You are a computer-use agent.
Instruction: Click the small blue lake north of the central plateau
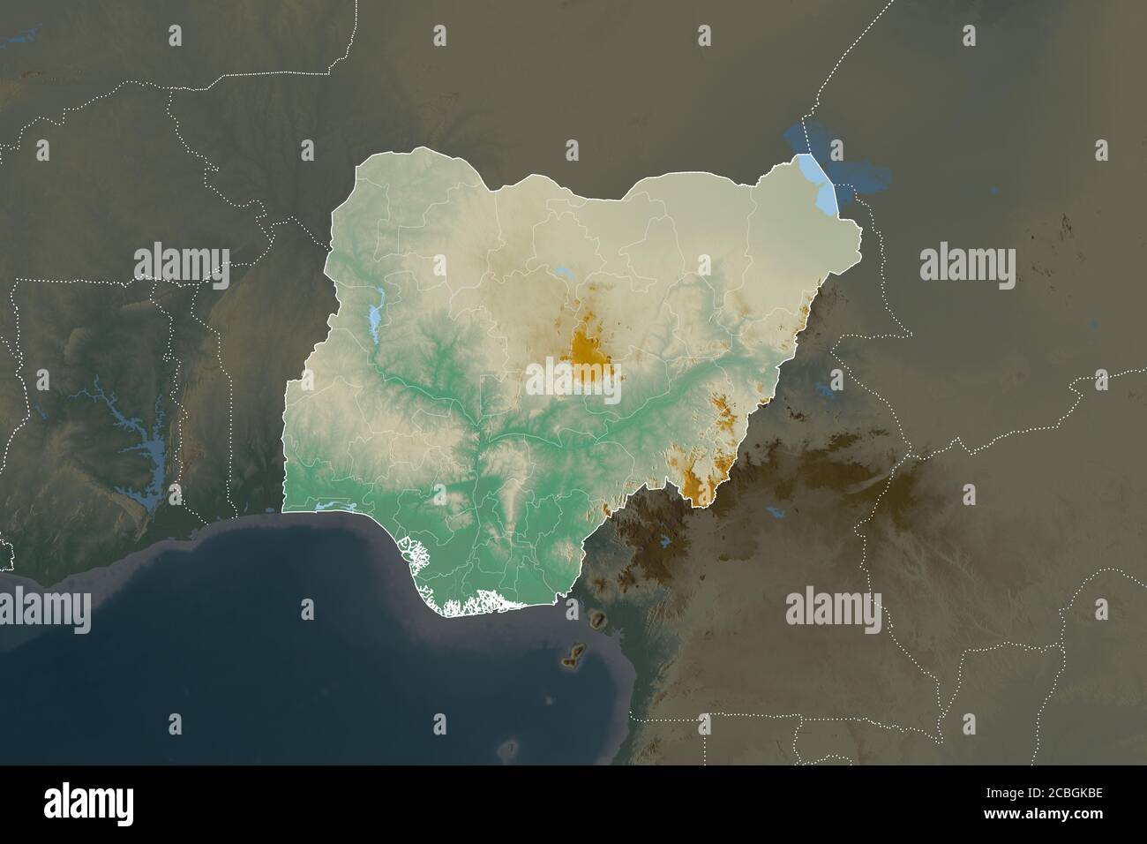(562, 272)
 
